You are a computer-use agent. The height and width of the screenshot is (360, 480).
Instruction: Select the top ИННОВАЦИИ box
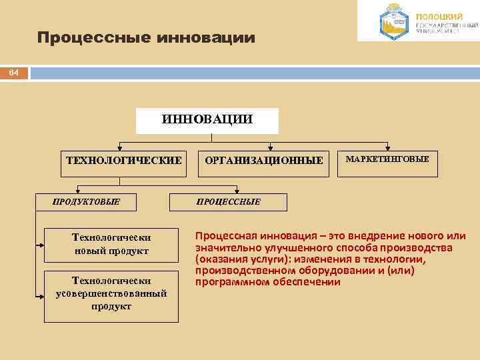(207, 121)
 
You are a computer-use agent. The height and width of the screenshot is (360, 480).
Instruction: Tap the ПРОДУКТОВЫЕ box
(87, 202)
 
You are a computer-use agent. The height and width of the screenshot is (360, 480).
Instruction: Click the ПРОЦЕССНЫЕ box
(229, 202)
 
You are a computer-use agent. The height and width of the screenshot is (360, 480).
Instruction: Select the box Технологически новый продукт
(111, 244)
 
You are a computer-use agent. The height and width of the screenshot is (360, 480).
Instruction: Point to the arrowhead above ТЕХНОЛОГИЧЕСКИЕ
(119, 147)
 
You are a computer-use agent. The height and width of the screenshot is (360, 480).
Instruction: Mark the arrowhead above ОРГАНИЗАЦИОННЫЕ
(271, 147)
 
